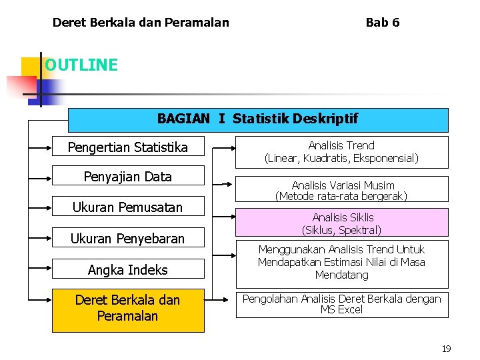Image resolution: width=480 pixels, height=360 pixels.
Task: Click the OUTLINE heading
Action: point(81,65)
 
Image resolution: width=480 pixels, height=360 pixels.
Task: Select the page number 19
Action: point(446,349)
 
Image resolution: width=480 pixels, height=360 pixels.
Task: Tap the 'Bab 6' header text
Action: point(383,23)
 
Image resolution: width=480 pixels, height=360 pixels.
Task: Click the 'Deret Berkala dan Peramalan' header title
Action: point(141,23)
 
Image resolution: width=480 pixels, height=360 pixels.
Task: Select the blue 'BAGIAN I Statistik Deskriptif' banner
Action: point(258,119)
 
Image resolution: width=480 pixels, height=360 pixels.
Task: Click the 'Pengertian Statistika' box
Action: point(128,147)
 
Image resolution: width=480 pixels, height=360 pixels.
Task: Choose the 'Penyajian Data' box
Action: point(128,177)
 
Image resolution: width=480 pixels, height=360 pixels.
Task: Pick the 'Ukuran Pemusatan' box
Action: point(128,207)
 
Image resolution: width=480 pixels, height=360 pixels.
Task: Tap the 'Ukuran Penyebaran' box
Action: point(128,238)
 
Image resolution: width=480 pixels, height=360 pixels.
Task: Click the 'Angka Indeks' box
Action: point(128,269)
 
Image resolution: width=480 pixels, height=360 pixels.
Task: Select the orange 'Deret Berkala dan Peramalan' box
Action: point(128,308)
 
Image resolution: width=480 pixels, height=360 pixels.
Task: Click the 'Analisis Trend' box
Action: point(341,152)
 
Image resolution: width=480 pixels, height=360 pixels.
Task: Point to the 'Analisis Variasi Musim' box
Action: point(341,191)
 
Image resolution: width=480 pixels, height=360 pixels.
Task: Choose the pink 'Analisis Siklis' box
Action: point(341,223)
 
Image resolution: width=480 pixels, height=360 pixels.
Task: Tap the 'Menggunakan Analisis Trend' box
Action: point(341,262)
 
